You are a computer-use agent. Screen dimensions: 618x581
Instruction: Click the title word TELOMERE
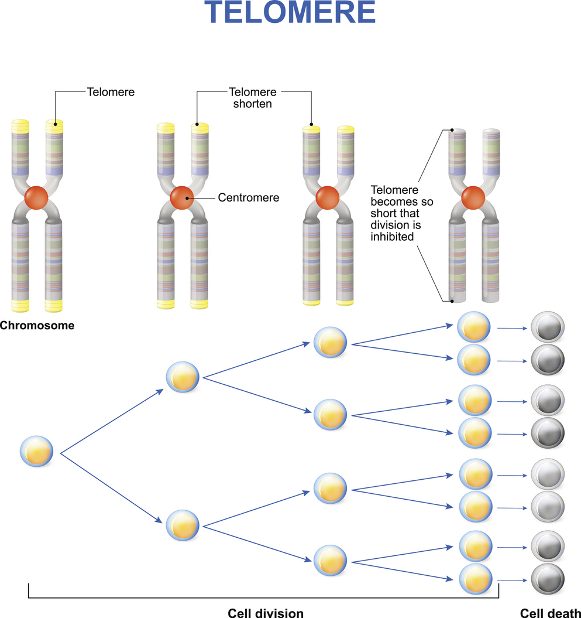[290, 13]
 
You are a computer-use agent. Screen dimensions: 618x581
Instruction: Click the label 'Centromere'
[248, 198]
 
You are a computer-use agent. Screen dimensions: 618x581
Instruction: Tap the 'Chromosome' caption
[37, 326]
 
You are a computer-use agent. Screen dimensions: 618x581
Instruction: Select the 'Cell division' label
[265, 613]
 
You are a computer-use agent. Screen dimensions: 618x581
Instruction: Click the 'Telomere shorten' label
[253, 97]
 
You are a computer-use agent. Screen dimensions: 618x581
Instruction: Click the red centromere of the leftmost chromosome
[37, 198]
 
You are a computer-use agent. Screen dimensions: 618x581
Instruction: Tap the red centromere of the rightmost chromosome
[473, 198]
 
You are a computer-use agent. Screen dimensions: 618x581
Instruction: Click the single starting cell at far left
[37, 450]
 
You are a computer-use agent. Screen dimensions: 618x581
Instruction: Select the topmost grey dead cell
[547, 329]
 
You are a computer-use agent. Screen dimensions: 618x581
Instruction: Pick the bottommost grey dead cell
[547, 580]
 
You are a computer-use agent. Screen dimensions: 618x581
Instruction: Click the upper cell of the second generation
[183, 377]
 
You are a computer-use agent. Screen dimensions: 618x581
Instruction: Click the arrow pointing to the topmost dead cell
[511, 329]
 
